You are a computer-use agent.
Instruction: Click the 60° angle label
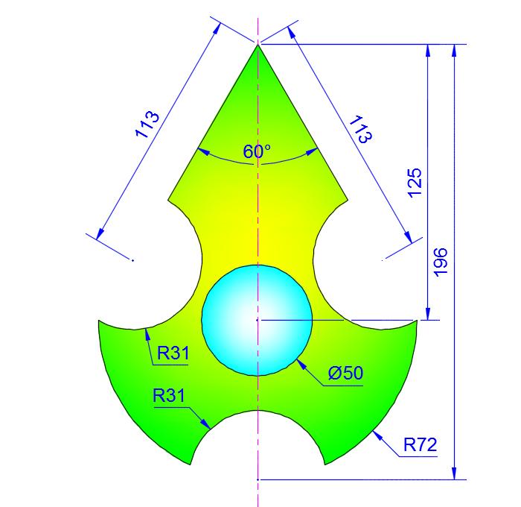click(257, 151)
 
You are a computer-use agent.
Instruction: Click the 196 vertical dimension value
click(441, 262)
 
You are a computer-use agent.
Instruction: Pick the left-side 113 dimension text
click(147, 125)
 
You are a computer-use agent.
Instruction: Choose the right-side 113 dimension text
click(360, 129)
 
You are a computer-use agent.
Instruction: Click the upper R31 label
click(172, 352)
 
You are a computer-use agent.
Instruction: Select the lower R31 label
click(169, 396)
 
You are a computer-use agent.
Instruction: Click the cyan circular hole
click(257, 319)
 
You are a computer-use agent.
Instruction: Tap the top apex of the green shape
click(258, 45)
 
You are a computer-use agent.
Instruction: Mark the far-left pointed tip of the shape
click(99, 321)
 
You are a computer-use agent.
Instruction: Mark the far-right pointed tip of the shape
click(417, 321)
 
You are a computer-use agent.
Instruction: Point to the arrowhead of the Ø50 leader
click(298, 361)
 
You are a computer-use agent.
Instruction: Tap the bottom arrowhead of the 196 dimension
click(453, 477)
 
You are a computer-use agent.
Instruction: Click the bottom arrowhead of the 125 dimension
click(428, 318)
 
